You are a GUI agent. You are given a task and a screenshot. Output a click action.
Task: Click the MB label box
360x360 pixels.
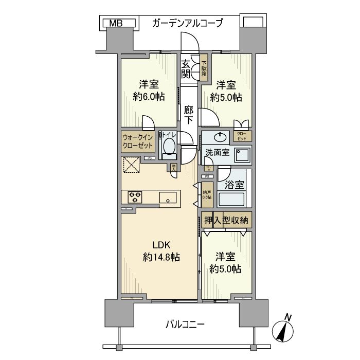[x=116, y=23]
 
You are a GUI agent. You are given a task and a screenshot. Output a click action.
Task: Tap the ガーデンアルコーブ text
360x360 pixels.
[x=187, y=23]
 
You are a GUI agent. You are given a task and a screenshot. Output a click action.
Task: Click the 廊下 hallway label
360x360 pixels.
[x=189, y=115]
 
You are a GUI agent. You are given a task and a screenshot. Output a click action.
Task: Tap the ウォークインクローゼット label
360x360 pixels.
[x=138, y=141]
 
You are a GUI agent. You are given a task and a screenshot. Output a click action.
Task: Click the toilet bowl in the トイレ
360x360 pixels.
[x=169, y=147]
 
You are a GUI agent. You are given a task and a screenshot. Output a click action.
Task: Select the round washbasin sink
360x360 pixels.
[x=221, y=137]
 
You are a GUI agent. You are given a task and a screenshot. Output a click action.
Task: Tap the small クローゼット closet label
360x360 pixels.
[x=242, y=136]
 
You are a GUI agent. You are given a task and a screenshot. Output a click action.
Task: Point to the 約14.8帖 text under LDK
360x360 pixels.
[x=161, y=257]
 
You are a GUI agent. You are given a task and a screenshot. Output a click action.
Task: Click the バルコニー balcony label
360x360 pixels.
[x=185, y=325]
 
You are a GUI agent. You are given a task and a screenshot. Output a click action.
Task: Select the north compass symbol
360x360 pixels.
[x=284, y=330]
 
